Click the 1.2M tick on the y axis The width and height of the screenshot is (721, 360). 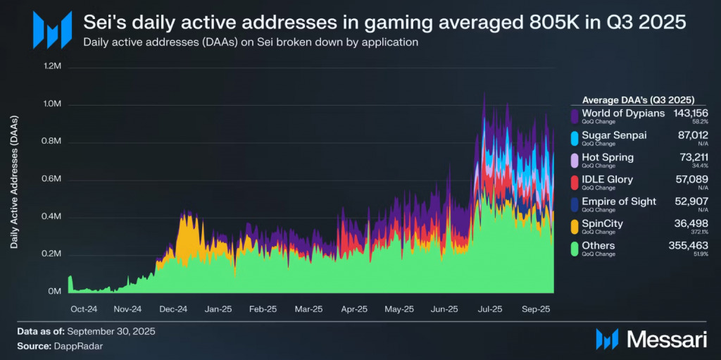(53, 67)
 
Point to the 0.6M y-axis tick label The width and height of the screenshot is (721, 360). (53, 179)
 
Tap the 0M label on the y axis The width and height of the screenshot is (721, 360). (56, 291)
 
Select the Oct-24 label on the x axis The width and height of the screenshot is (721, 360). (84, 309)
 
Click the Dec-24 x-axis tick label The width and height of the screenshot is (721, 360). (173, 309)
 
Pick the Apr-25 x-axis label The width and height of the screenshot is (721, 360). (353, 309)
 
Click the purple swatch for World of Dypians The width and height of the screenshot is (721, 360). (575, 116)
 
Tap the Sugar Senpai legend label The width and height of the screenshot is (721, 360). (614, 135)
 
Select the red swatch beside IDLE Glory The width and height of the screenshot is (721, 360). (575, 182)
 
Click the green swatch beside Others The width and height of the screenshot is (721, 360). (575, 249)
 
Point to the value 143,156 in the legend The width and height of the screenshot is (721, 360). (690, 113)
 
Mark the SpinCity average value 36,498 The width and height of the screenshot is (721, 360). (693, 223)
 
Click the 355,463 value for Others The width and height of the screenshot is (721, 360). (689, 246)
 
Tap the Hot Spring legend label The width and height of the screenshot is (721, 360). (608, 157)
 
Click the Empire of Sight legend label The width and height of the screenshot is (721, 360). (619, 201)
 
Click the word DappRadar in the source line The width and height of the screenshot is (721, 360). (73, 347)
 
